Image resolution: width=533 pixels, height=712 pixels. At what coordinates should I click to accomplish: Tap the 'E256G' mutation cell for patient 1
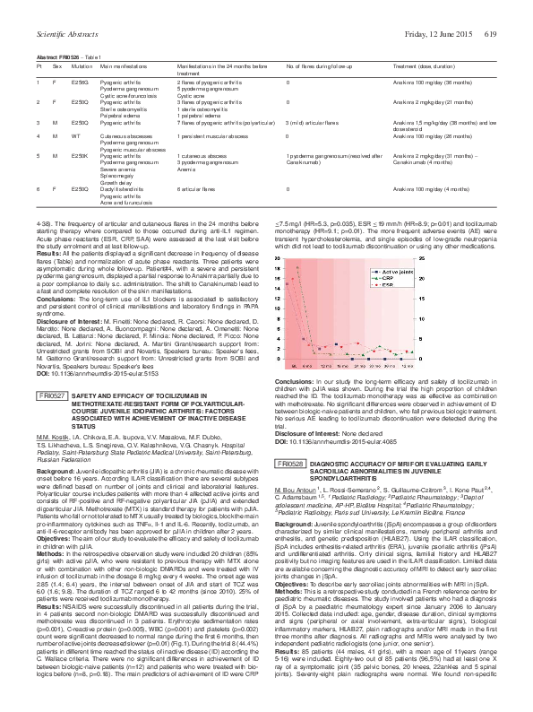[x=81, y=81]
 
